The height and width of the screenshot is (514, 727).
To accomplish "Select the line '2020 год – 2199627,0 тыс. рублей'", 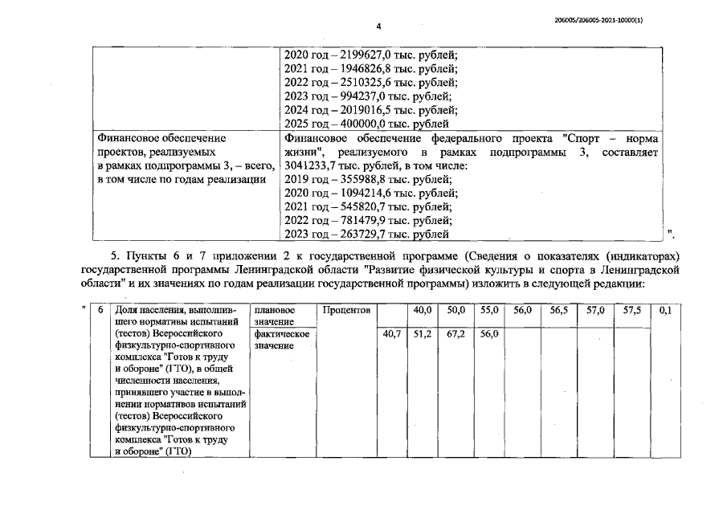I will tap(371, 55).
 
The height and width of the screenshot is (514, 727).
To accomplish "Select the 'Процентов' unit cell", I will tap(345, 309).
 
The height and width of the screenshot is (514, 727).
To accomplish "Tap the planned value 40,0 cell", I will tap(423, 309).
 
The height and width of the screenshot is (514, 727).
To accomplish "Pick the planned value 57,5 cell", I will tap(629, 309).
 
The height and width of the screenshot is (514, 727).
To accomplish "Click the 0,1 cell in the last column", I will tap(664, 309).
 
